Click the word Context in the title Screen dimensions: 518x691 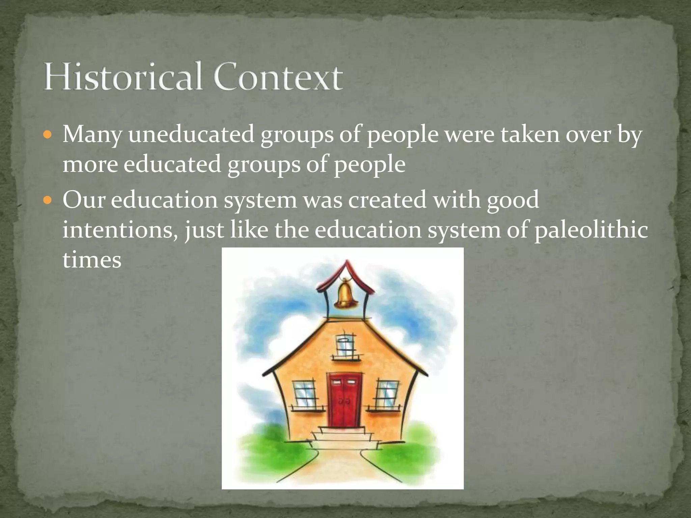278,77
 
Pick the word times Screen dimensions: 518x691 92,260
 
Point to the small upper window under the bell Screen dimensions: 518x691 345,345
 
